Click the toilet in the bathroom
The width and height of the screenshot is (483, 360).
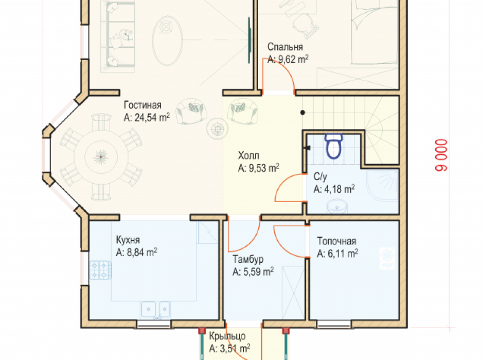[x=333, y=146]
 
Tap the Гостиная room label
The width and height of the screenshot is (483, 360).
[x=142, y=105]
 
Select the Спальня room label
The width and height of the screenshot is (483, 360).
[x=285, y=47]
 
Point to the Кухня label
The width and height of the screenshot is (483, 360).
[x=128, y=240]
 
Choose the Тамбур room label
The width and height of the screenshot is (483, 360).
[x=248, y=259]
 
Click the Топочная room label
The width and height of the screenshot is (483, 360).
[x=337, y=241]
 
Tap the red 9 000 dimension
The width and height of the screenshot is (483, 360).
[x=441, y=155]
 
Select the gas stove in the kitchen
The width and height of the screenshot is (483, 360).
[x=100, y=271]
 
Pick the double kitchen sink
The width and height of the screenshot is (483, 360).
[x=155, y=309]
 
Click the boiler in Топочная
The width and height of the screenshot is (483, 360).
[x=387, y=258]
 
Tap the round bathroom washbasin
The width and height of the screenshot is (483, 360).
[x=337, y=206]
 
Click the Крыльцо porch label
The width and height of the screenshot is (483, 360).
[x=227, y=336]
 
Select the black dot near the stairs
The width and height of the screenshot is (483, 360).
[x=303, y=113]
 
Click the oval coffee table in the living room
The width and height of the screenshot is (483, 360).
[x=167, y=40]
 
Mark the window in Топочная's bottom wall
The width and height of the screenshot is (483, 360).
[x=334, y=323]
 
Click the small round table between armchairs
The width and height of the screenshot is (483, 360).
[x=218, y=129]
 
